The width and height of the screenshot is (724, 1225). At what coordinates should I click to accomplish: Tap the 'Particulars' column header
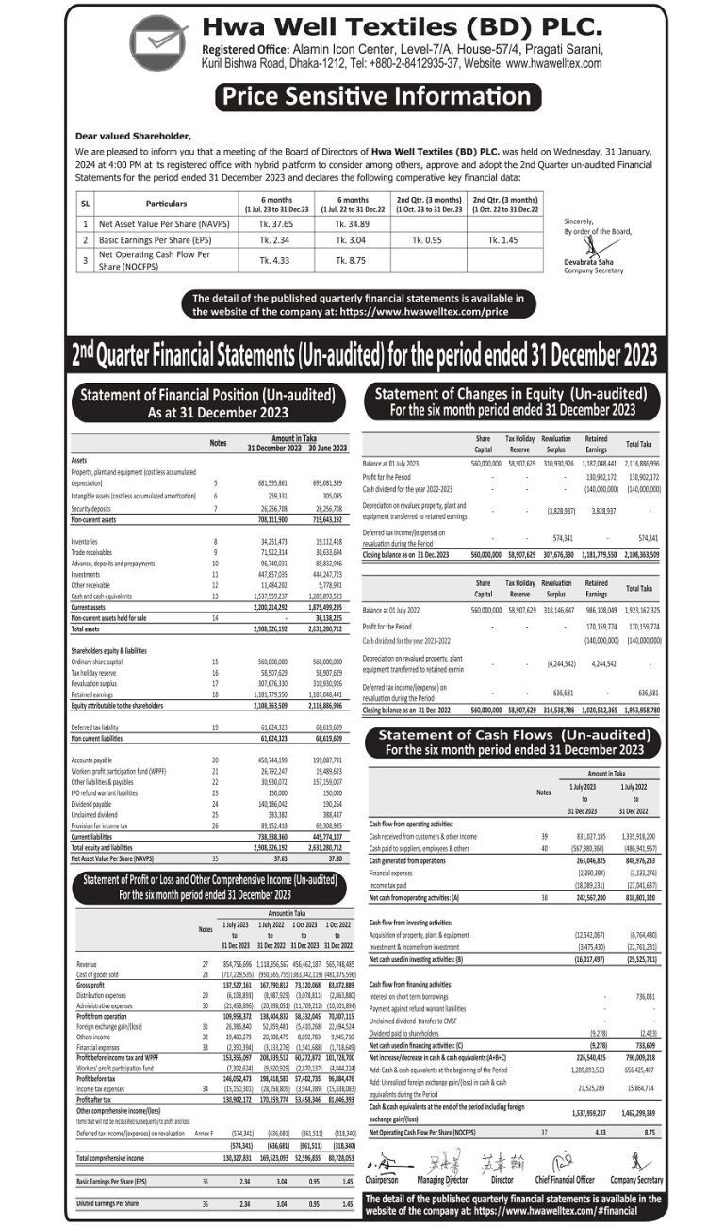(x=166, y=204)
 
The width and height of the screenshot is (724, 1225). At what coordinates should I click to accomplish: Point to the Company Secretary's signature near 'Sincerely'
(x=591, y=247)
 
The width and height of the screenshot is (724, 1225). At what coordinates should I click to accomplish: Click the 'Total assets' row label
(x=86, y=628)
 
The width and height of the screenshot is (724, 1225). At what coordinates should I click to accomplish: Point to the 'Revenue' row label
(x=86, y=964)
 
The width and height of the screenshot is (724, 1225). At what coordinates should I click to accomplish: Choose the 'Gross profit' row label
(x=90, y=984)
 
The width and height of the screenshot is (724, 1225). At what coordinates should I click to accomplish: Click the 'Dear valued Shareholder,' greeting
(x=132, y=136)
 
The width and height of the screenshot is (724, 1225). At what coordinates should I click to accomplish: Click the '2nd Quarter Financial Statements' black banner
(x=363, y=354)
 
